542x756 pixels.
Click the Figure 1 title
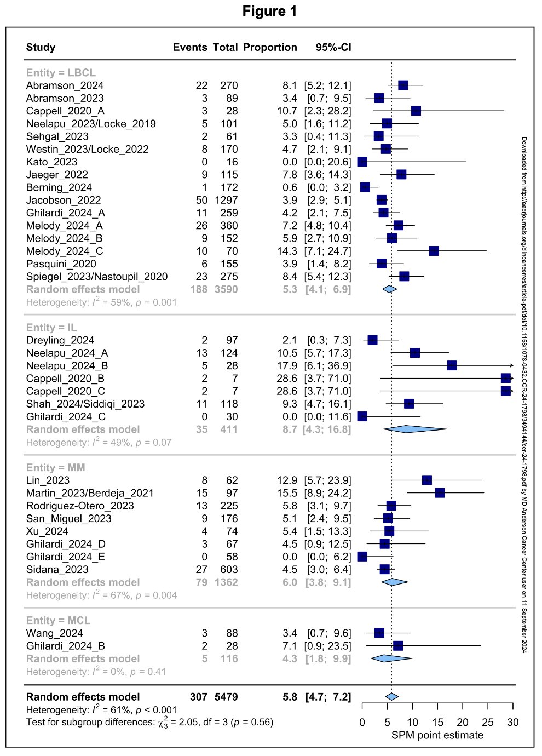click(269, 11)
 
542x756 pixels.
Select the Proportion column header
click(270, 47)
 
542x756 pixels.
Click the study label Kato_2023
click(51, 162)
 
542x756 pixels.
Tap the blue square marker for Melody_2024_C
click(434, 251)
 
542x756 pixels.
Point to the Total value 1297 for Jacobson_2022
click(226, 200)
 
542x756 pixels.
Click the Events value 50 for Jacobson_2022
click(201, 200)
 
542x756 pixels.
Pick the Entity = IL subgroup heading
click(51, 328)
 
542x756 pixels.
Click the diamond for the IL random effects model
click(415, 429)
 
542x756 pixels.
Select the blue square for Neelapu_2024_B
click(452, 365)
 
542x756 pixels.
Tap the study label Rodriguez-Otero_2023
click(80, 506)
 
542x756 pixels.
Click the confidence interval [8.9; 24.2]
click(327, 493)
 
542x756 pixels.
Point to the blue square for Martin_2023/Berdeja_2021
click(440, 493)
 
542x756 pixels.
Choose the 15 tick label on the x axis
click(437, 722)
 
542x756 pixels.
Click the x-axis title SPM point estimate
click(437, 735)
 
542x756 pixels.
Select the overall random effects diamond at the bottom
click(392, 697)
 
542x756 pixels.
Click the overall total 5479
click(226, 697)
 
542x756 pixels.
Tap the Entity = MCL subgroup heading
click(59, 620)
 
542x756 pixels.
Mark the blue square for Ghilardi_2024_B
click(397, 646)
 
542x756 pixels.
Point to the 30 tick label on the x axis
click(512, 722)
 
